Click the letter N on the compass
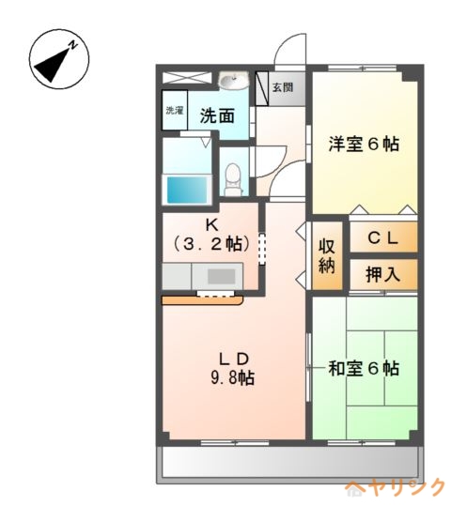[74, 45]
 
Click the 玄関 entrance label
[283, 87]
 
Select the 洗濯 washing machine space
[175, 110]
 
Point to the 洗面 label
[217, 116]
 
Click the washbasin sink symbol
[234, 80]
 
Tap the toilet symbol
[233, 179]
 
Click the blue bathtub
[187, 190]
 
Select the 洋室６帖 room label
[364, 144]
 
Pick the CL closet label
[382, 238]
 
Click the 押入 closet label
[382, 275]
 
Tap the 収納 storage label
[327, 256]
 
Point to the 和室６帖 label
[364, 369]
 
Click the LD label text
[234, 359]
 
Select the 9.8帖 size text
[233, 377]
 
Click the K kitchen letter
[211, 225]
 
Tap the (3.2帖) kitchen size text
[211, 244]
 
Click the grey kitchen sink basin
[221, 277]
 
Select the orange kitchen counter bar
[202, 300]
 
